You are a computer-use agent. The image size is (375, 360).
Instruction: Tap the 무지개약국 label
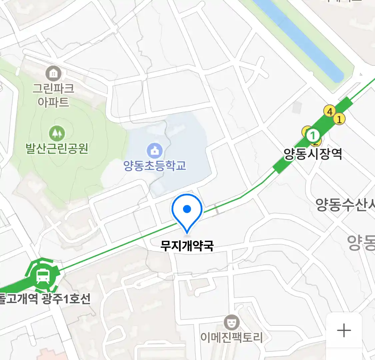(187, 246)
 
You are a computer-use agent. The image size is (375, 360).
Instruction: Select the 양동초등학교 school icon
(155, 150)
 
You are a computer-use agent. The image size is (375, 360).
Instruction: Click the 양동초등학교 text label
(155, 165)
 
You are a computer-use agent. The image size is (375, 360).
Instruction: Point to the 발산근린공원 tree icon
(57, 133)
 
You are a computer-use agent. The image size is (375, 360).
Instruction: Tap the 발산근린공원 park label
(57, 148)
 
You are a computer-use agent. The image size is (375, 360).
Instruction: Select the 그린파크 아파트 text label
(53, 95)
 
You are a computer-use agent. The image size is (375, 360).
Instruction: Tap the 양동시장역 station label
(313, 154)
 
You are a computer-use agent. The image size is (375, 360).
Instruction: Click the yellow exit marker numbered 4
(330, 111)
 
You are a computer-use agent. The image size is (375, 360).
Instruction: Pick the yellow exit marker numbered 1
(339, 119)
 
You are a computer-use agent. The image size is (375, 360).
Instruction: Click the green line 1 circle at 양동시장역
(313, 136)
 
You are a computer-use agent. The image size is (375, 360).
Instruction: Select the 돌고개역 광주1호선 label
(45, 299)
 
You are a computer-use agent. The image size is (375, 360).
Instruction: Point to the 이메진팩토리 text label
(231, 337)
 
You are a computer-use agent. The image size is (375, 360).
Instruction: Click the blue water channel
(300, 37)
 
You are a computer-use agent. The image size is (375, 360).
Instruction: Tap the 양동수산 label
(345, 204)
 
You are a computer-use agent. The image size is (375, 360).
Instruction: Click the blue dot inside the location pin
(187, 209)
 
